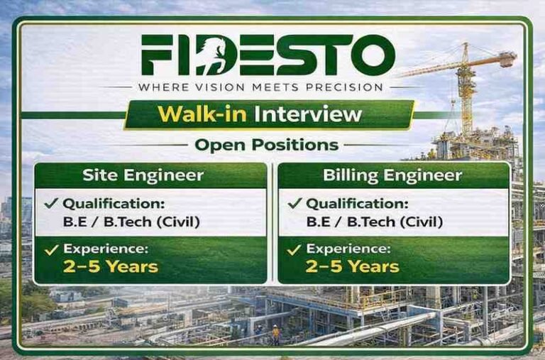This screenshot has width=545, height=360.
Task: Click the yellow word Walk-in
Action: pyautogui.click(x=202, y=114)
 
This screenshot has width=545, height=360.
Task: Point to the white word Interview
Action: pyautogui.click(x=308, y=114)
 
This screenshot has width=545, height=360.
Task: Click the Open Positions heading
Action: pyautogui.click(x=267, y=145)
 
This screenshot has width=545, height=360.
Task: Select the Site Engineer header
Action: pyautogui.click(x=143, y=175)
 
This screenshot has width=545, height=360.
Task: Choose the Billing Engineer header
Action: pyautogui.click(x=392, y=175)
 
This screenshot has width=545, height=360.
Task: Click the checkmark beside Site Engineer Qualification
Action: pyautogui.click(x=51, y=203)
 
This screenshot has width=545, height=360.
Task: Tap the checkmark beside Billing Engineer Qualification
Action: pyautogui.click(x=294, y=203)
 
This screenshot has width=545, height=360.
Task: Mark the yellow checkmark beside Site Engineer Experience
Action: pyautogui.click(x=51, y=249)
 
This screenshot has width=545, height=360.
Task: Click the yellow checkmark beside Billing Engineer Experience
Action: pyautogui.click(x=294, y=249)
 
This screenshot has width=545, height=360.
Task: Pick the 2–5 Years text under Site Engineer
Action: pyautogui.click(x=111, y=267)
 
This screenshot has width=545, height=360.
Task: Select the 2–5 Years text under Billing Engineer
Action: pyautogui.click(x=353, y=267)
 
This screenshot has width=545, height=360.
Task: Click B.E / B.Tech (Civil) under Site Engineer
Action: pyautogui.click(x=131, y=222)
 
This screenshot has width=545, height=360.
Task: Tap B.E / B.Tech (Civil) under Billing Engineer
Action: pyautogui.click(x=375, y=222)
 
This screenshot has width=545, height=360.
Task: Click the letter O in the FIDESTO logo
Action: pyautogui.click(x=373, y=55)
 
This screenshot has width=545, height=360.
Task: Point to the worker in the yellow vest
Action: pyautogui.click(x=275, y=334)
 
